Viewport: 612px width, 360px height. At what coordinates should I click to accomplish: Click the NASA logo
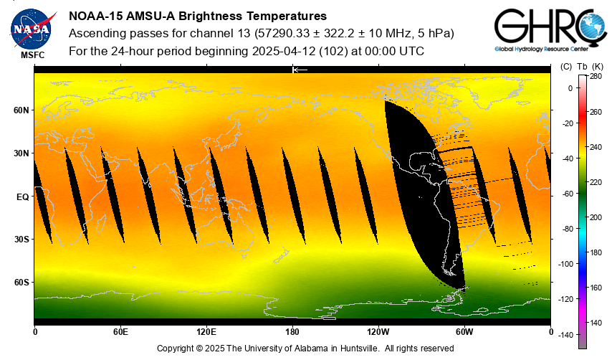pyautogui.click(x=32, y=27)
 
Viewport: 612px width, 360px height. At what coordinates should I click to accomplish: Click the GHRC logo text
pyautogui.click(x=545, y=27)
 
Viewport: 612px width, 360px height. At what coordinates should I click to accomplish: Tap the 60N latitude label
pyautogui.click(x=21, y=110)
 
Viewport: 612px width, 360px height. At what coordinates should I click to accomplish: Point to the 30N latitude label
pyautogui.click(x=21, y=153)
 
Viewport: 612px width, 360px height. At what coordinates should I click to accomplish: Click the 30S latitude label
pyautogui.click(x=21, y=240)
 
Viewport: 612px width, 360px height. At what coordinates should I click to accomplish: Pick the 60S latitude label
pyautogui.click(x=21, y=283)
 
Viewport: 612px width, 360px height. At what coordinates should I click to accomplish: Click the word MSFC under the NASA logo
pyautogui.click(x=32, y=55)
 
